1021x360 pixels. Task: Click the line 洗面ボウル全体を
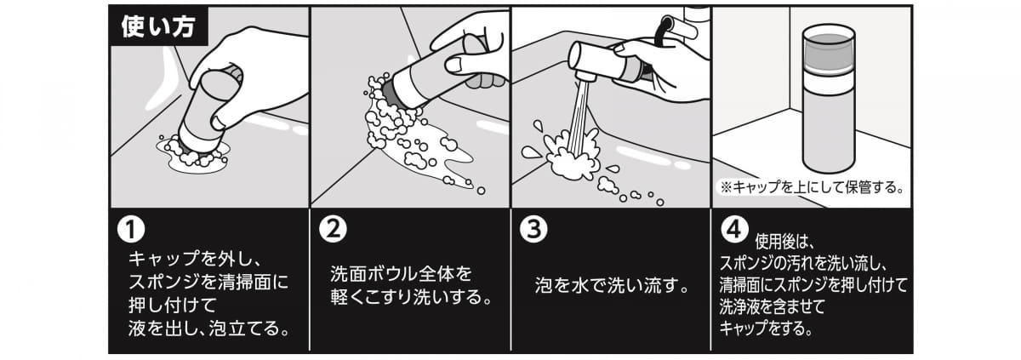point(400,275)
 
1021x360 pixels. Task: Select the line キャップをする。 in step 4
point(765,327)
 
